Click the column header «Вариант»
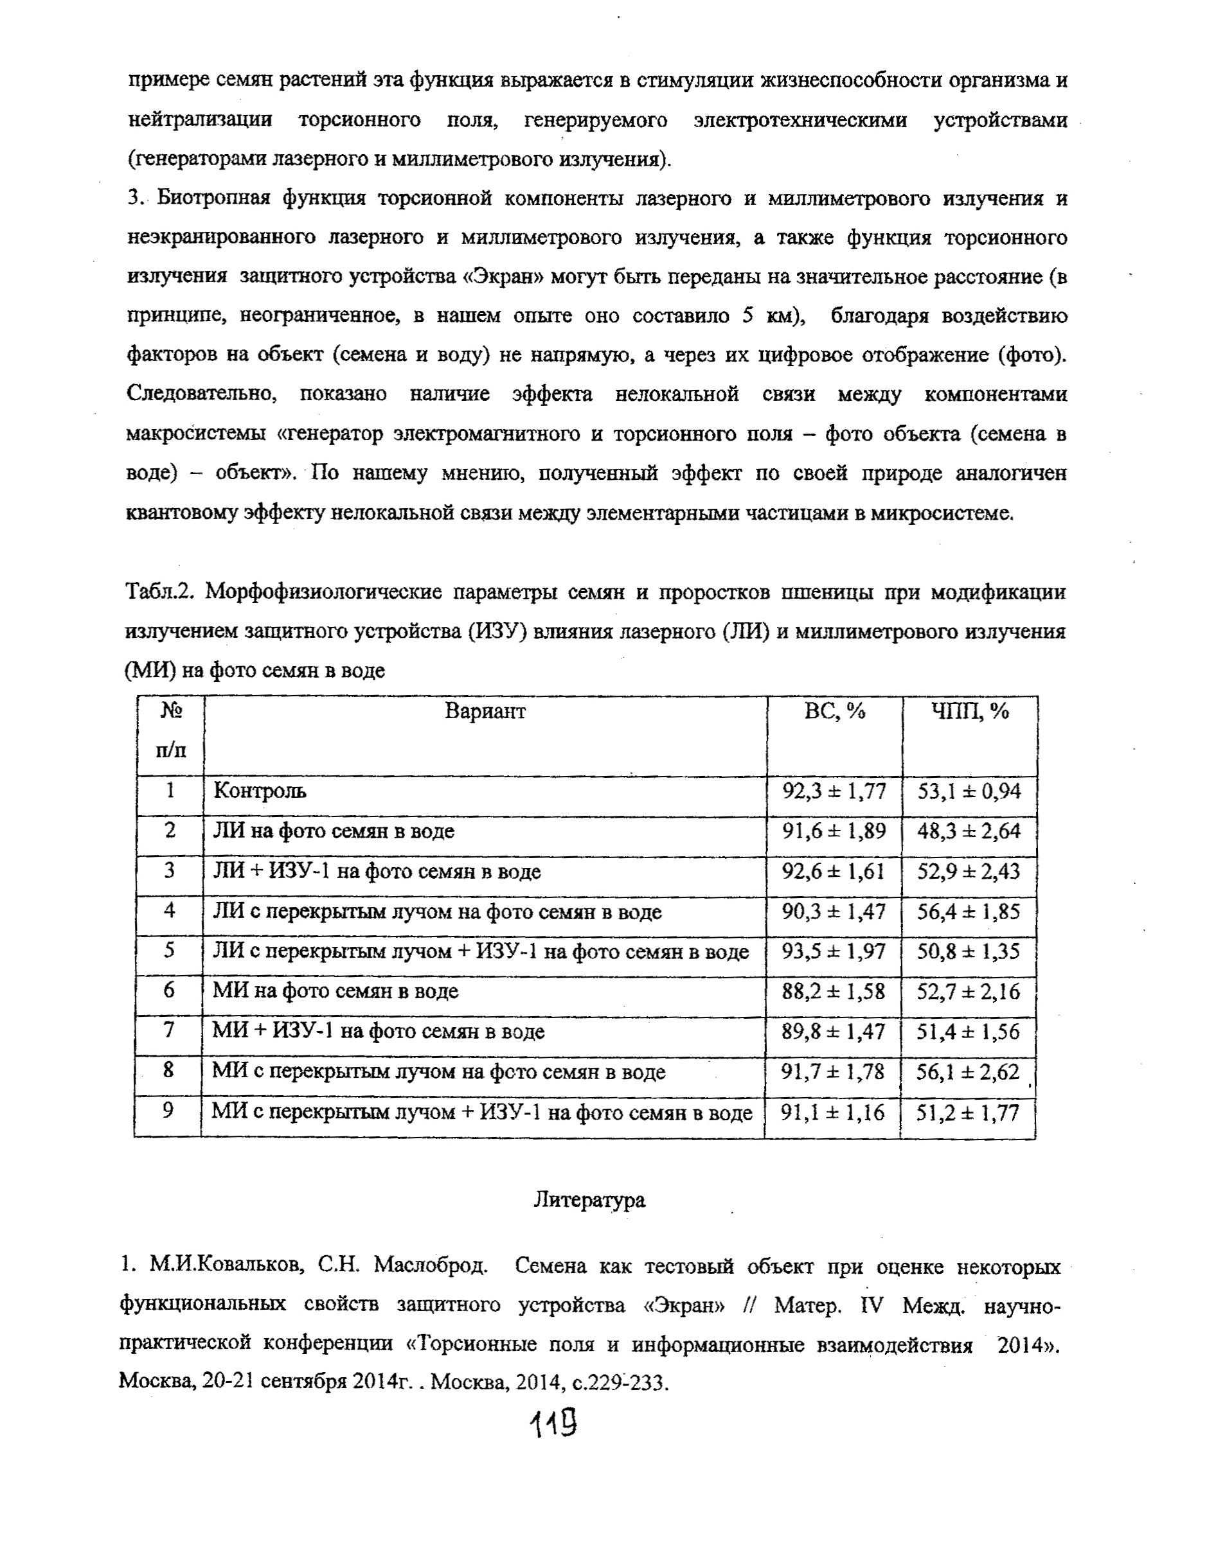tap(485, 711)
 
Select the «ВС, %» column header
tap(834, 711)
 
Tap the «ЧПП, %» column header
tap(970, 711)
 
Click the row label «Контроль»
tap(260, 791)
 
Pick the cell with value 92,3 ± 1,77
tap(834, 791)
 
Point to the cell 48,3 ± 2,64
tap(969, 831)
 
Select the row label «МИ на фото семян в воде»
tap(335, 991)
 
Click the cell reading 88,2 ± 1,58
tap(833, 991)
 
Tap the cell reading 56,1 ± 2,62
tap(967, 1071)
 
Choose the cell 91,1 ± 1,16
tap(832, 1112)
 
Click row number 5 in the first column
tap(170, 951)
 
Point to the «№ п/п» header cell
tap(170, 730)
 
